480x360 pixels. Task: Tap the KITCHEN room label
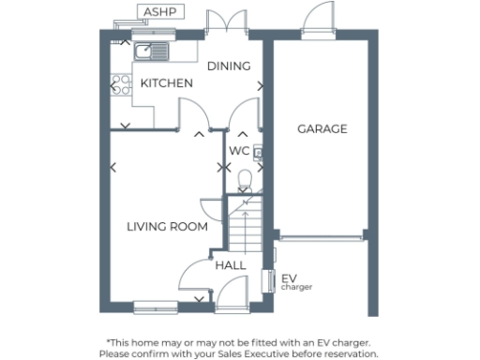(167, 83)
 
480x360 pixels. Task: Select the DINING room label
(229, 66)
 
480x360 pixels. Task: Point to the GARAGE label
(322, 128)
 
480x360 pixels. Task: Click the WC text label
(239, 150)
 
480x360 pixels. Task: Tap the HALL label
(231, 265)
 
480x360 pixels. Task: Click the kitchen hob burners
(119, 87)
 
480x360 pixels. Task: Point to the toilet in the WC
(245, 178)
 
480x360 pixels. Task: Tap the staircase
(244, 225)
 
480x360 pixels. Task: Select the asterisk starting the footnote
(109, 342)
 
